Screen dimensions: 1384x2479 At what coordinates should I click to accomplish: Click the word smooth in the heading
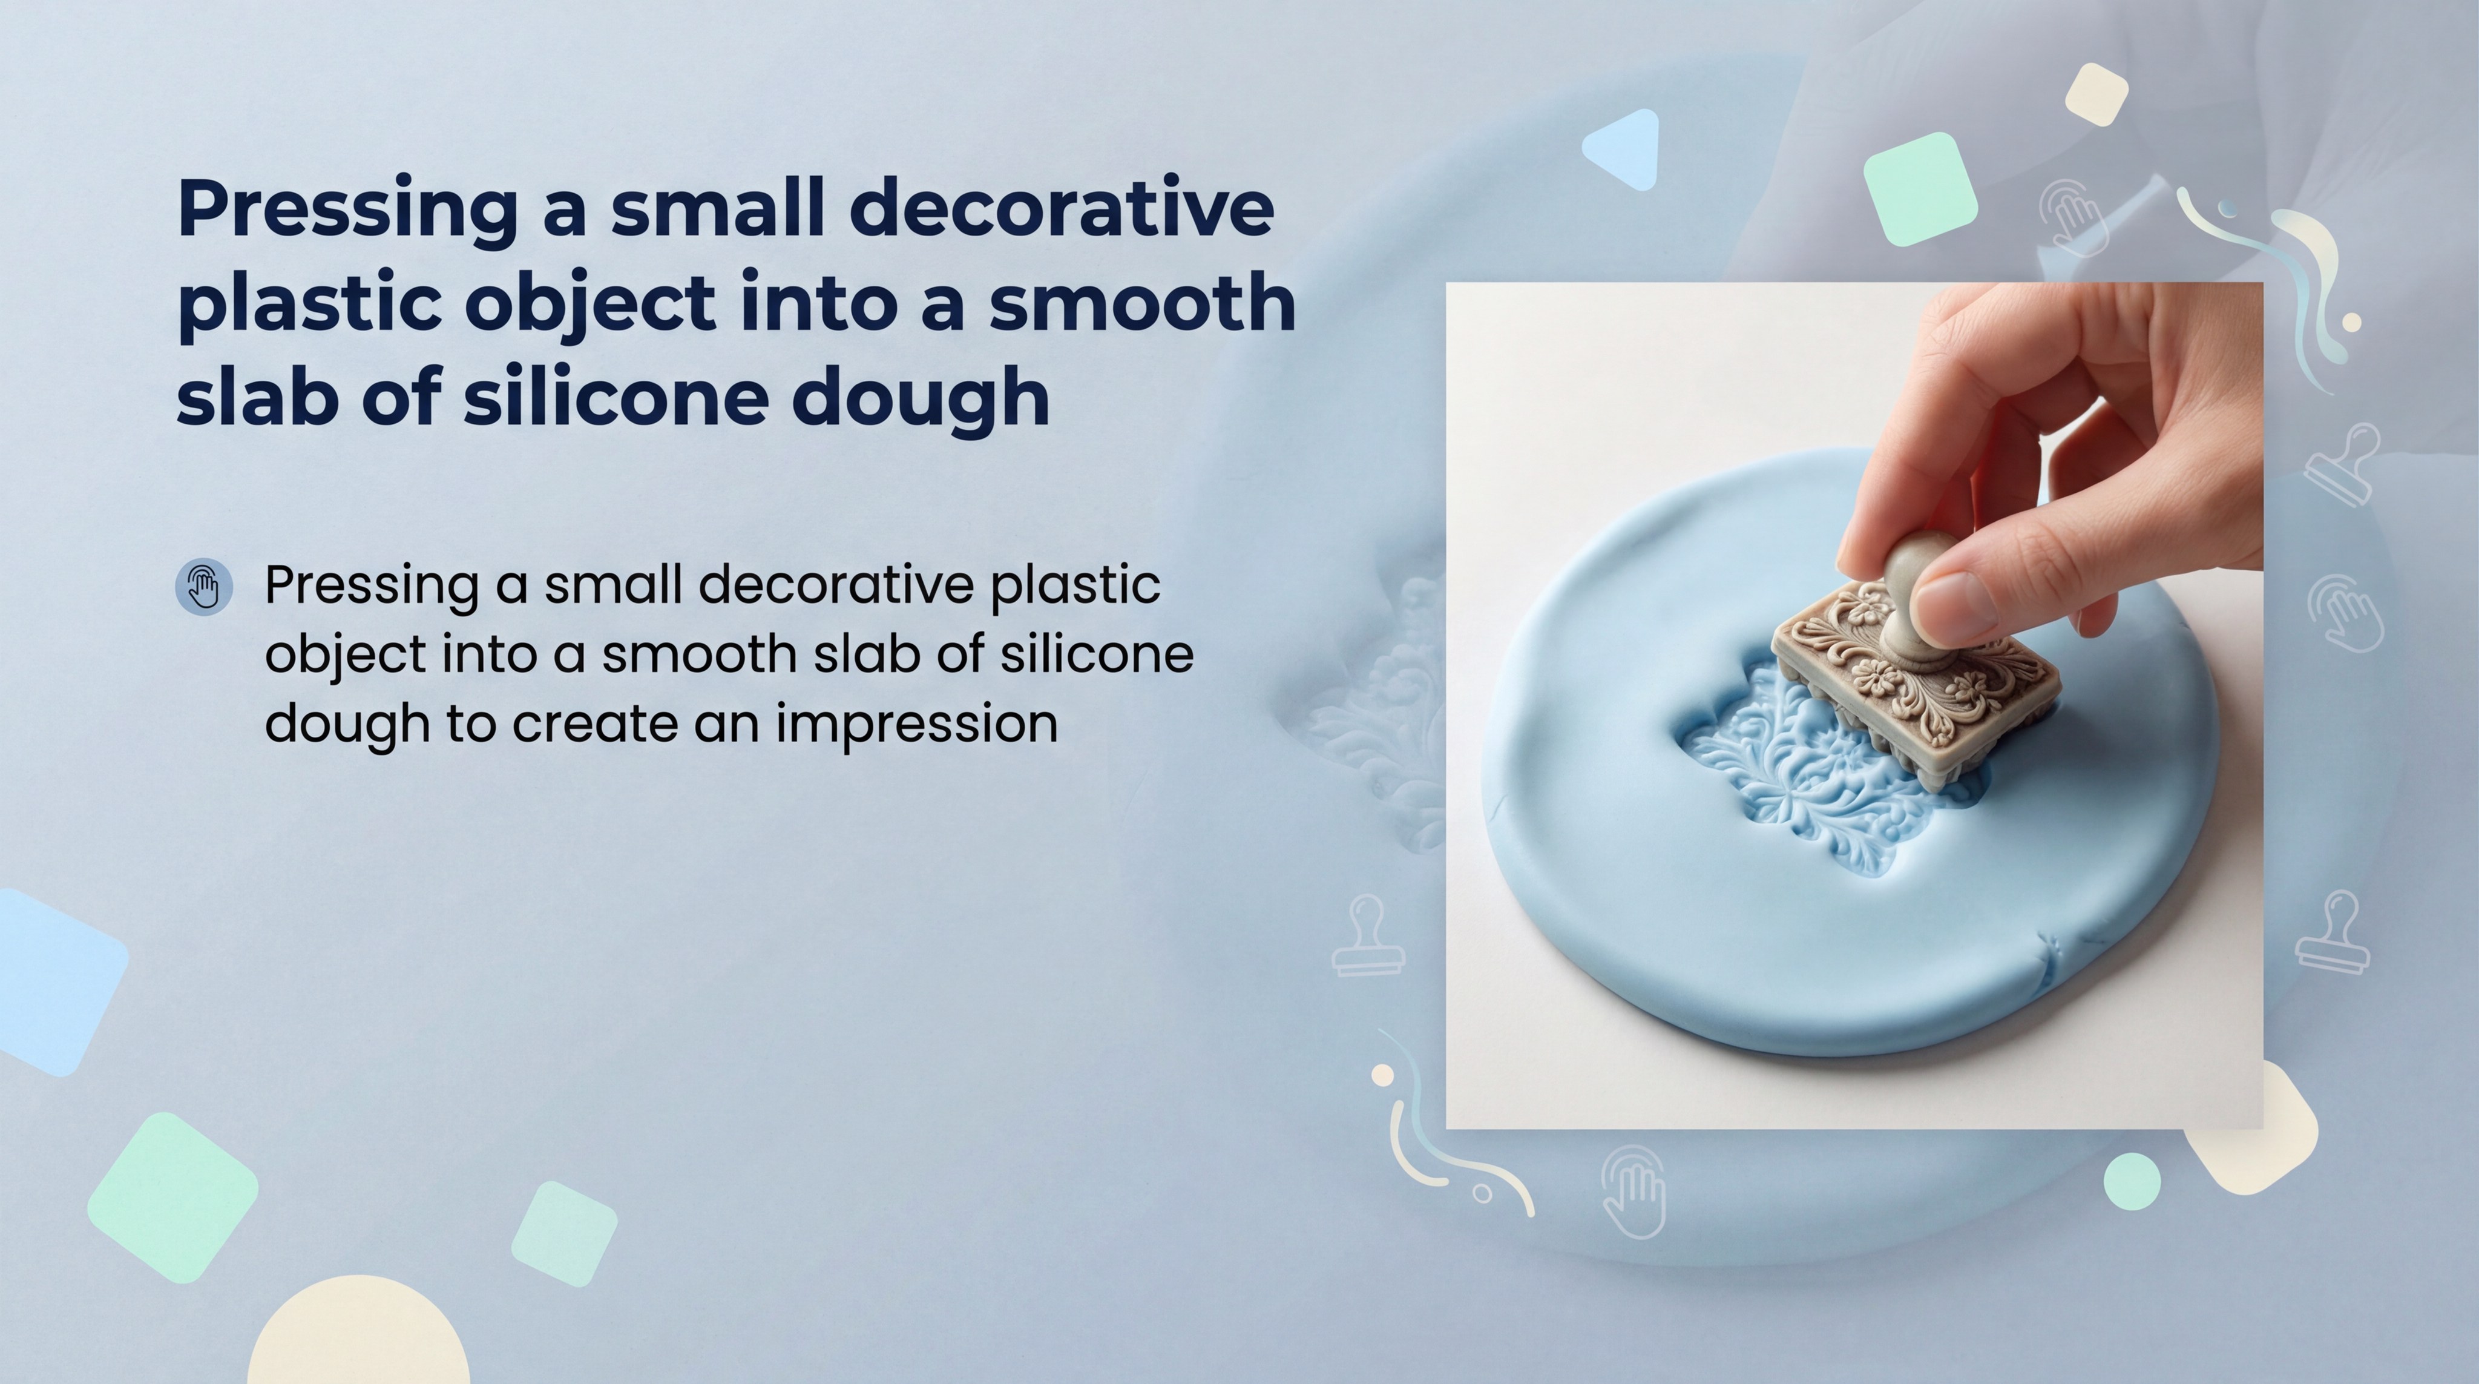coord(1141,303)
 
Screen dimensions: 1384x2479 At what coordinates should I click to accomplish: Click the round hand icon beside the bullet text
coord(204,586)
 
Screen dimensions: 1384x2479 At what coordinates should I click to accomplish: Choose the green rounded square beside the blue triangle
coord(1920,189)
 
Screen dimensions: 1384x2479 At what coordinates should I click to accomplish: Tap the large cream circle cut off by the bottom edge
coord(358,1338)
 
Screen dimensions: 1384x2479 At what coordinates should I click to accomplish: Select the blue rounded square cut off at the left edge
coord(53,982)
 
